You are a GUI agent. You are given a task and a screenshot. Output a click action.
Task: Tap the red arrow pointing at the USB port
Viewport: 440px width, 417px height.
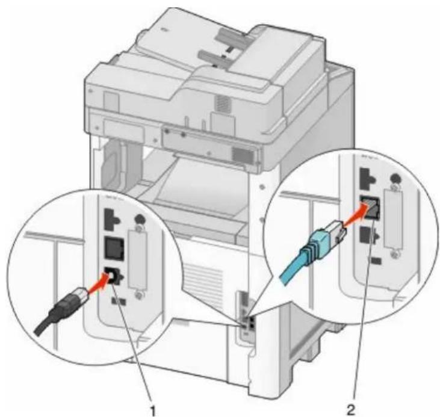[x=99, y=283]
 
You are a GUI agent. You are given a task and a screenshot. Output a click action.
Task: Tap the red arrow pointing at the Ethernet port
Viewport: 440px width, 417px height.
[x=356, y=213]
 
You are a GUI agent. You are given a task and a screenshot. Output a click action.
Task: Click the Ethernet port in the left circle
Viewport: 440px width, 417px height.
[x=114, y=247]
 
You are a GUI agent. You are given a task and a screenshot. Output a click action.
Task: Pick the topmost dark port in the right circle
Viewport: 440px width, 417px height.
[x=367, y=178]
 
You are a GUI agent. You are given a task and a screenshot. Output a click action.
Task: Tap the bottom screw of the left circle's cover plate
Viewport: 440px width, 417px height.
[x=138, y=295]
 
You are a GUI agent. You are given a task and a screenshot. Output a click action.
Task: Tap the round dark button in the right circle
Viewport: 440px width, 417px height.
[x=395, y=178]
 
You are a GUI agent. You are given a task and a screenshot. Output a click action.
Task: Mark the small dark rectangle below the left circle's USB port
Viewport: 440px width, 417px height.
[x=119, y=301]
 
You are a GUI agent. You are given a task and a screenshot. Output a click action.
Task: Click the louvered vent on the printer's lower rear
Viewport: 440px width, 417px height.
[x=203, y=286]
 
